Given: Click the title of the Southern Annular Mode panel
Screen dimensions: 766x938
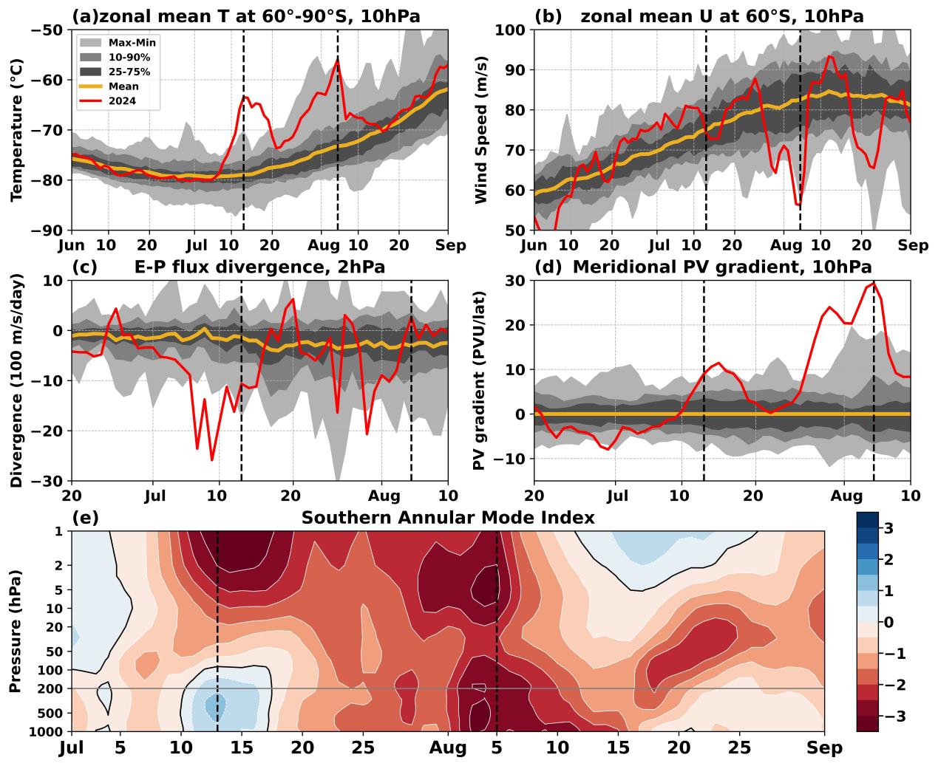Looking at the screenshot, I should coord(447,518).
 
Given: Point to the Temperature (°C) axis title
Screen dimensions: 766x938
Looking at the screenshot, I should coord(16,130).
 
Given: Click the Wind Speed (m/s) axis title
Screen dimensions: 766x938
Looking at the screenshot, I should coord(480,130).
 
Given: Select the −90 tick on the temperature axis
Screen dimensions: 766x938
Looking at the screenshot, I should coord(47,230).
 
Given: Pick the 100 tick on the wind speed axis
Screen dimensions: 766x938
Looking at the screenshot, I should coord(511,30).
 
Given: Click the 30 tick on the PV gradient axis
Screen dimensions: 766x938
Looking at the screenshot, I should coord(516,281).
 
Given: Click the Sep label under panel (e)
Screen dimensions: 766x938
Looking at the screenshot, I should coord(825,748).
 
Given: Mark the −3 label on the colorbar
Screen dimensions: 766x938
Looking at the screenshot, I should coord(885,716).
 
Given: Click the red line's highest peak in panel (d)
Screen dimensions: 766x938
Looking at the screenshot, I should coord(874,282).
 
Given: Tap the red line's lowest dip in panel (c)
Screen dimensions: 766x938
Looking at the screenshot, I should coord(212,460).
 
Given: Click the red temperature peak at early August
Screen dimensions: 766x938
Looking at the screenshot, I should coord(337,61).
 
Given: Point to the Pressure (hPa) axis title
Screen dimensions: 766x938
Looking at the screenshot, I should coord(15,631).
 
